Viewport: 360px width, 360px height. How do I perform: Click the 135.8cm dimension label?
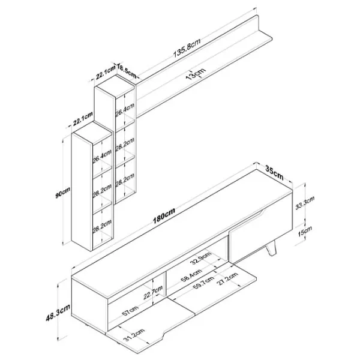click(x=187, y=48)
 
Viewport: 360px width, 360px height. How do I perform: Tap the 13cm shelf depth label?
click(x=196, y=73)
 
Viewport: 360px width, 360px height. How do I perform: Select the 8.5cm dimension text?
click(x=127, y=71)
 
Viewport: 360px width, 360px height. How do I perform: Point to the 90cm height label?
click(x=62, y=193)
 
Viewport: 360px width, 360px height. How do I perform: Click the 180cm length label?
click(x=164, y=215)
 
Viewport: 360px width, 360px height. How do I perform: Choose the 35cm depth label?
click(x=274, y=172)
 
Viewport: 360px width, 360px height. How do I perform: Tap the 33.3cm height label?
click(x=304, y=203)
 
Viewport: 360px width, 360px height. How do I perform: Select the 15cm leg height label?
click(x=305, y=231)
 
